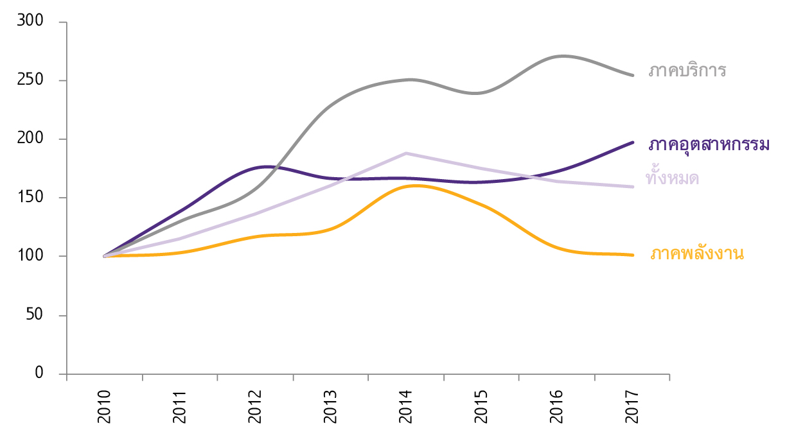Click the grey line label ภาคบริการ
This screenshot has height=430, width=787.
click(x=687, y=70)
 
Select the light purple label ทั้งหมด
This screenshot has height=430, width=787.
click(x=672, y=178)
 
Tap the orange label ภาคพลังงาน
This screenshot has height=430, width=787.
click(x=697, y=254)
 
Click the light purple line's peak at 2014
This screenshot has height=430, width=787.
click(x=407, y=153)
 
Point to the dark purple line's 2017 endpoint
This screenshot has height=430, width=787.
click(x=633, y=142)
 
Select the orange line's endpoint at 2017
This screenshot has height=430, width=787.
click(x=633, y=255)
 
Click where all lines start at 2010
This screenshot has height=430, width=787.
click(x=105, y=256)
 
